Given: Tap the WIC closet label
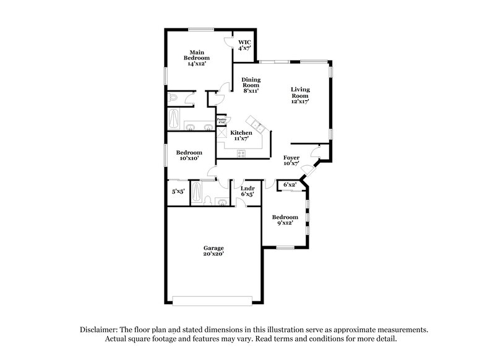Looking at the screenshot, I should (245, 45).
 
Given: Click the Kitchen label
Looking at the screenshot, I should (241, 135).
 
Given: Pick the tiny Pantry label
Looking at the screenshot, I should (221, 121).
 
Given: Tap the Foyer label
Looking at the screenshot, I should (291, 161).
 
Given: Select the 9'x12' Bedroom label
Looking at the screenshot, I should (285, 220).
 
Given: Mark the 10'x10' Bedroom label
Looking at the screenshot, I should (189, 156).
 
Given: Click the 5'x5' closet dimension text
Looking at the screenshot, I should (178, 192).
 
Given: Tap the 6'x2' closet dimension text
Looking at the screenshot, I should (290, 185).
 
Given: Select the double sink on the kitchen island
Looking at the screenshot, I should (260, 129).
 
